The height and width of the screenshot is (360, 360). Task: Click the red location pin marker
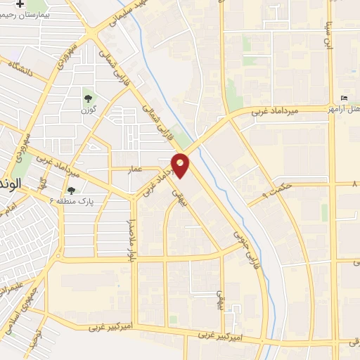coord(181,165)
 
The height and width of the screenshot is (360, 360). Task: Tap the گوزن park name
coord(87,110)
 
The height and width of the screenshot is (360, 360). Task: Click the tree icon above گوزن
coord(87,99)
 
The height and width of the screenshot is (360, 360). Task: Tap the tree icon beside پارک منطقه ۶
coord(70,190)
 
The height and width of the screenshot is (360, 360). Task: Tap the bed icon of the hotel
coord(343,98)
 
